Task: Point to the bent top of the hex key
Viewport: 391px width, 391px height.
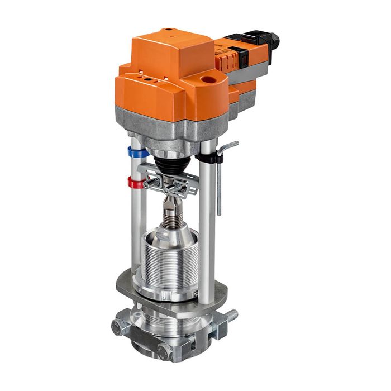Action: tap(229, 146)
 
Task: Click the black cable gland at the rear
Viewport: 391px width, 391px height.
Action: tap(273, 40)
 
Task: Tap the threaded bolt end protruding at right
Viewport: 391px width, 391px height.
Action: tap(231, 316)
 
